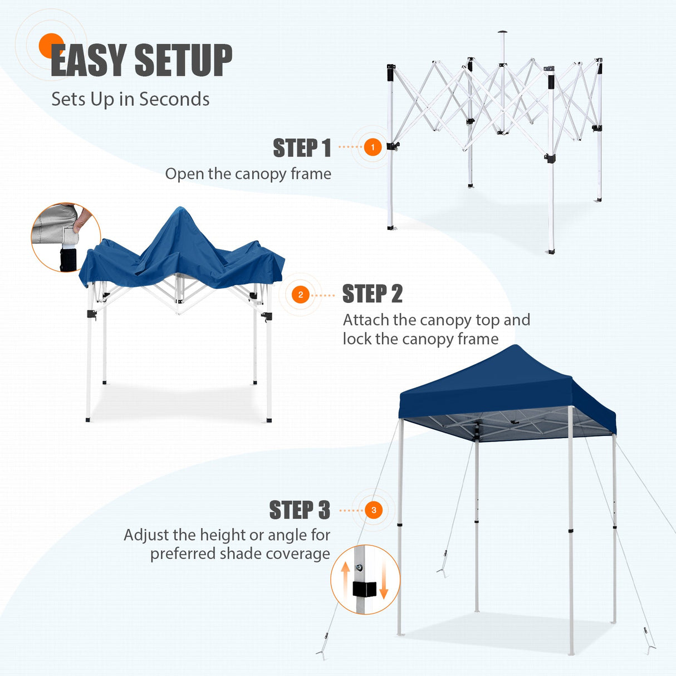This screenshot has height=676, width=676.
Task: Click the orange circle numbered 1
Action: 373,148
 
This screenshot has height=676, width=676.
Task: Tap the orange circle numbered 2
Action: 301,295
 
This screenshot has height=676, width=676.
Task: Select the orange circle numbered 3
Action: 374,510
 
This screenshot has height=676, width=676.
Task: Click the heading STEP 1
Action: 302,148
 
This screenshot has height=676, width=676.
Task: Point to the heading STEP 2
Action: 372,294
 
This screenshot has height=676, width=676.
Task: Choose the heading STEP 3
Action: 300,510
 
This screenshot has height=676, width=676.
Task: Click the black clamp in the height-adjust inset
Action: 364,589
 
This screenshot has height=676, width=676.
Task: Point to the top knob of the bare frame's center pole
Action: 502,32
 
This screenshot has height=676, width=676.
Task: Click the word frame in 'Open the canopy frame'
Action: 311,174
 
